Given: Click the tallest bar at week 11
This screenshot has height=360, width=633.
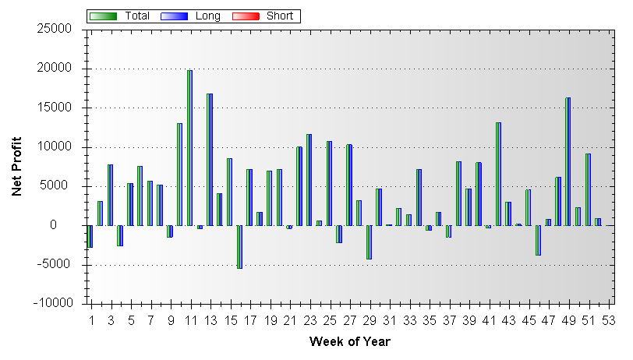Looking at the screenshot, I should click(189, 148).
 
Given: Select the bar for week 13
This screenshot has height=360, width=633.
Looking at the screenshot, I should click(210, 160).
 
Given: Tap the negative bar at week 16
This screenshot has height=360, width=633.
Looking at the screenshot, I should click(239, 247).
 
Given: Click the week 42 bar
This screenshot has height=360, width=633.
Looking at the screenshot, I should click(498, 174).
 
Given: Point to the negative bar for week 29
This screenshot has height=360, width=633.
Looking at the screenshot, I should click(369, 242).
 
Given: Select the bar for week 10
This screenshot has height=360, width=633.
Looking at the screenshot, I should click(179, 175).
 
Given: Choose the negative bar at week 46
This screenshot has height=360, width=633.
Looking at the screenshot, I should click(538, 240).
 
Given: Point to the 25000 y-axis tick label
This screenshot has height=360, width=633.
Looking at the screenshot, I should click(55, 30).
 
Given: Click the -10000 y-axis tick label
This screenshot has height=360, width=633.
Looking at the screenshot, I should click(52, 303).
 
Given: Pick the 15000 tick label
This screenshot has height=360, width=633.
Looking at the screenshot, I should click(55, 108).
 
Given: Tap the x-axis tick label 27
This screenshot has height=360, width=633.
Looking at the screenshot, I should click(349, 320).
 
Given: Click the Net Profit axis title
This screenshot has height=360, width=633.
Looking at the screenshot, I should click(16, 167).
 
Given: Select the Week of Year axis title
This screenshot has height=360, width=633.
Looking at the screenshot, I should click(349, 341).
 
